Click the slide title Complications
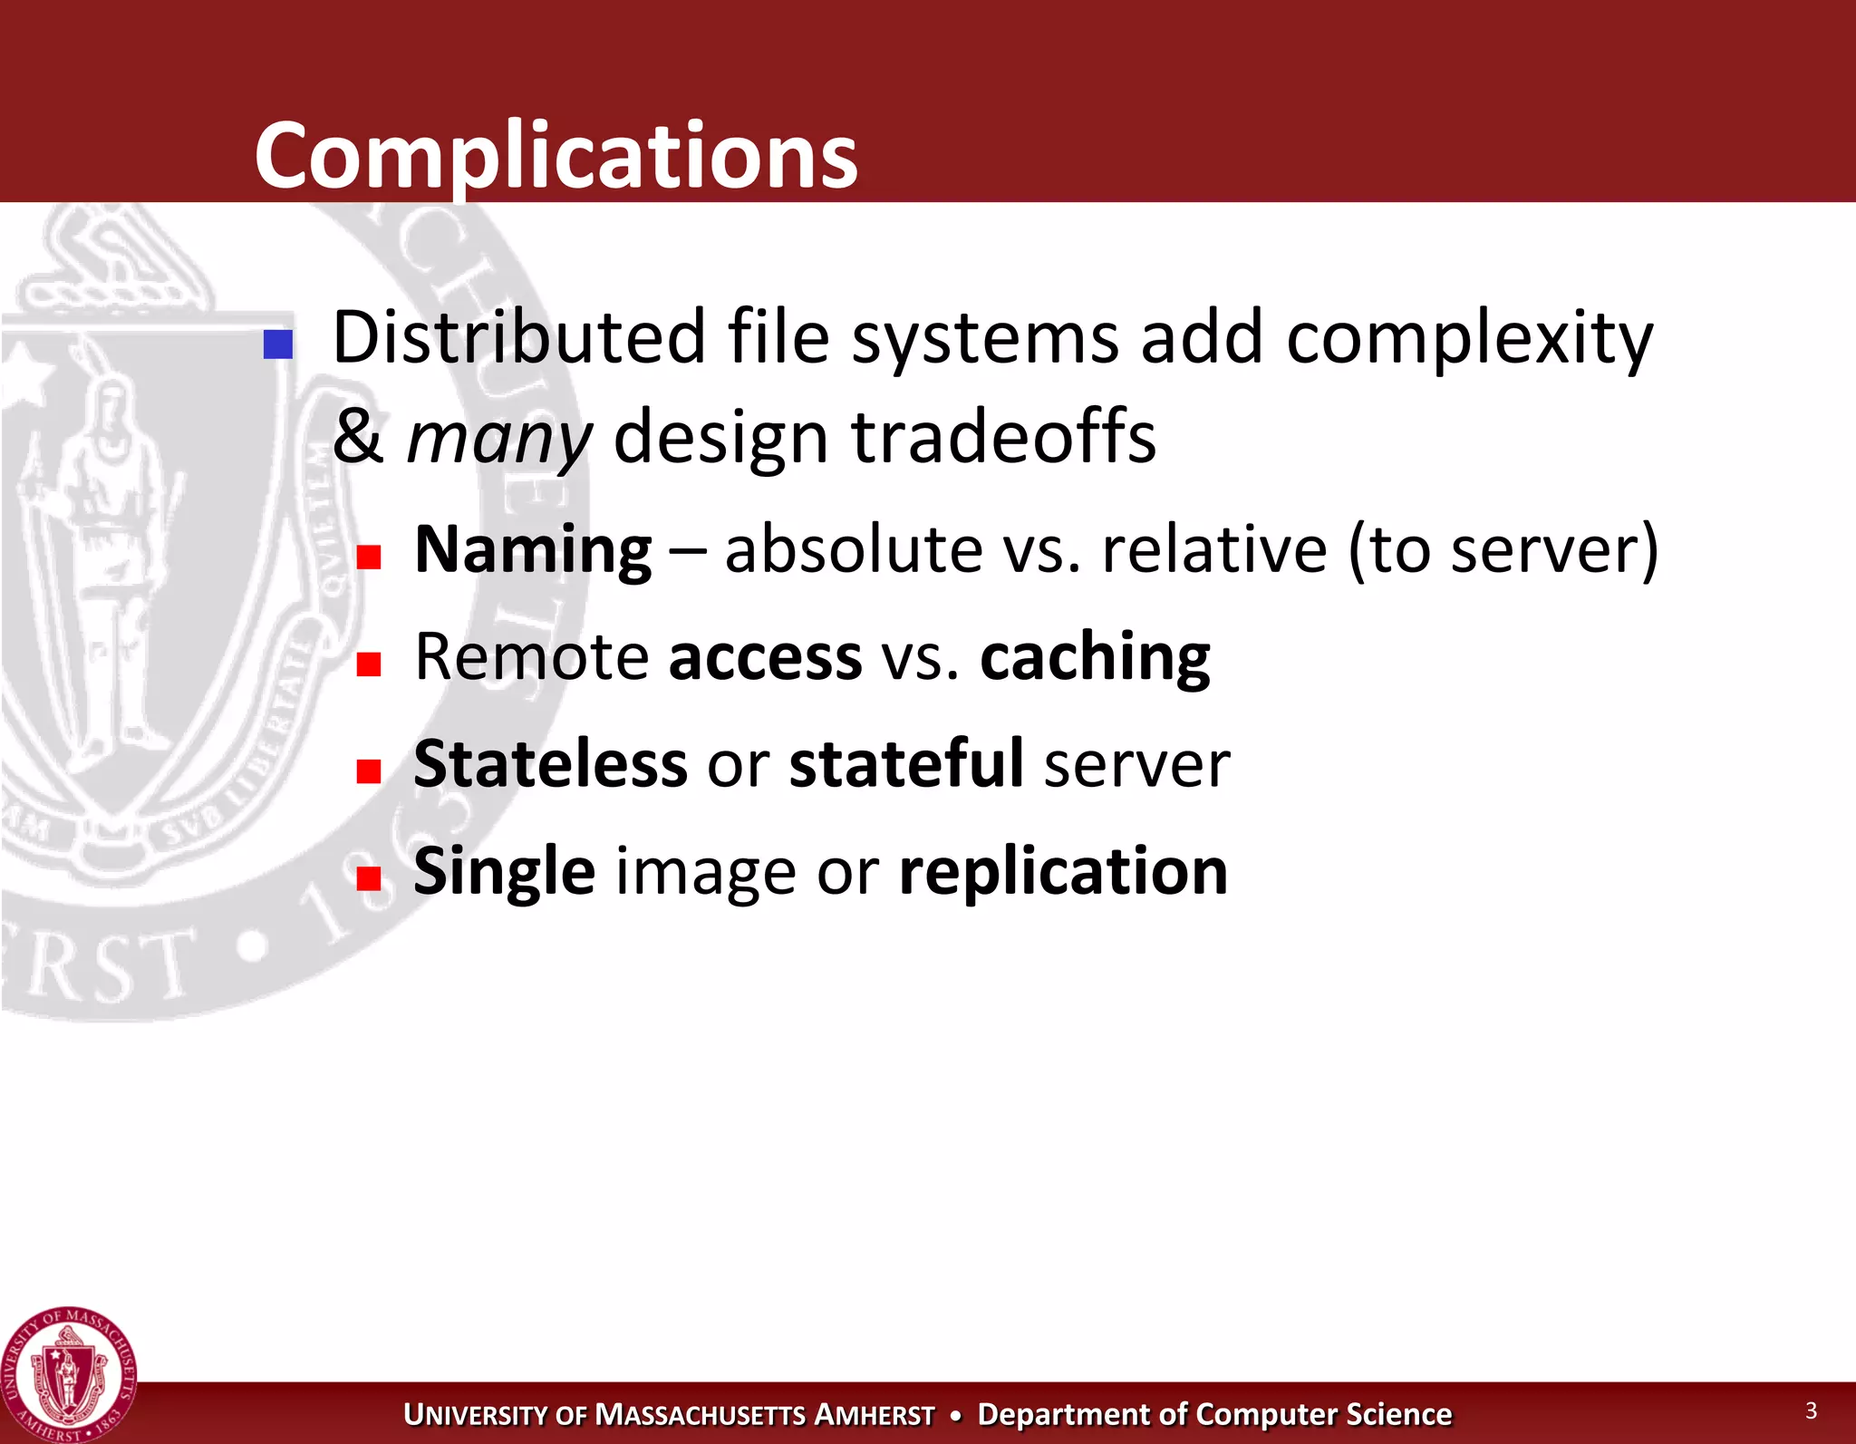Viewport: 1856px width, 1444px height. (x=556, y=156)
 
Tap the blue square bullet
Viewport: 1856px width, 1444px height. (x=278, y=344)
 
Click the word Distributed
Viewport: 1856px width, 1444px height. (x=518, y=337)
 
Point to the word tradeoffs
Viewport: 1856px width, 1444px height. (x=1003, y=437)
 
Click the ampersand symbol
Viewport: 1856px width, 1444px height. (x=357, y=437)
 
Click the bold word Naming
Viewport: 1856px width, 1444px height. (x=533, y=549)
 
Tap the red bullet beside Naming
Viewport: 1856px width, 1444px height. (x=368, y=556)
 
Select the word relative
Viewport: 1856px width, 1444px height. (x=1214, y=549)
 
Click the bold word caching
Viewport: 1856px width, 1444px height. (x=1095, y=656)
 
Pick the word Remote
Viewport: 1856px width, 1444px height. (x=531, y=656)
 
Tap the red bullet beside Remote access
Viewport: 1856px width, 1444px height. (x=368, y=664)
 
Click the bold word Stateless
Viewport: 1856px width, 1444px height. (x=550, y=763)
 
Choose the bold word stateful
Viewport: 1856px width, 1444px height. (x=906, y=763)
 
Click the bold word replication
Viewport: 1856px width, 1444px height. (x=1063, y=870)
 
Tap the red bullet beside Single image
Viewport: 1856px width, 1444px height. (x=368, y=877)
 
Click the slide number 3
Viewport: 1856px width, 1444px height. (x=1811, y=1410)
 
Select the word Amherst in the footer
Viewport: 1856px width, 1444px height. (x=875, y=1415)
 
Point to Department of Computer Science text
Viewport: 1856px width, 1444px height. (x=1214, y=1414)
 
